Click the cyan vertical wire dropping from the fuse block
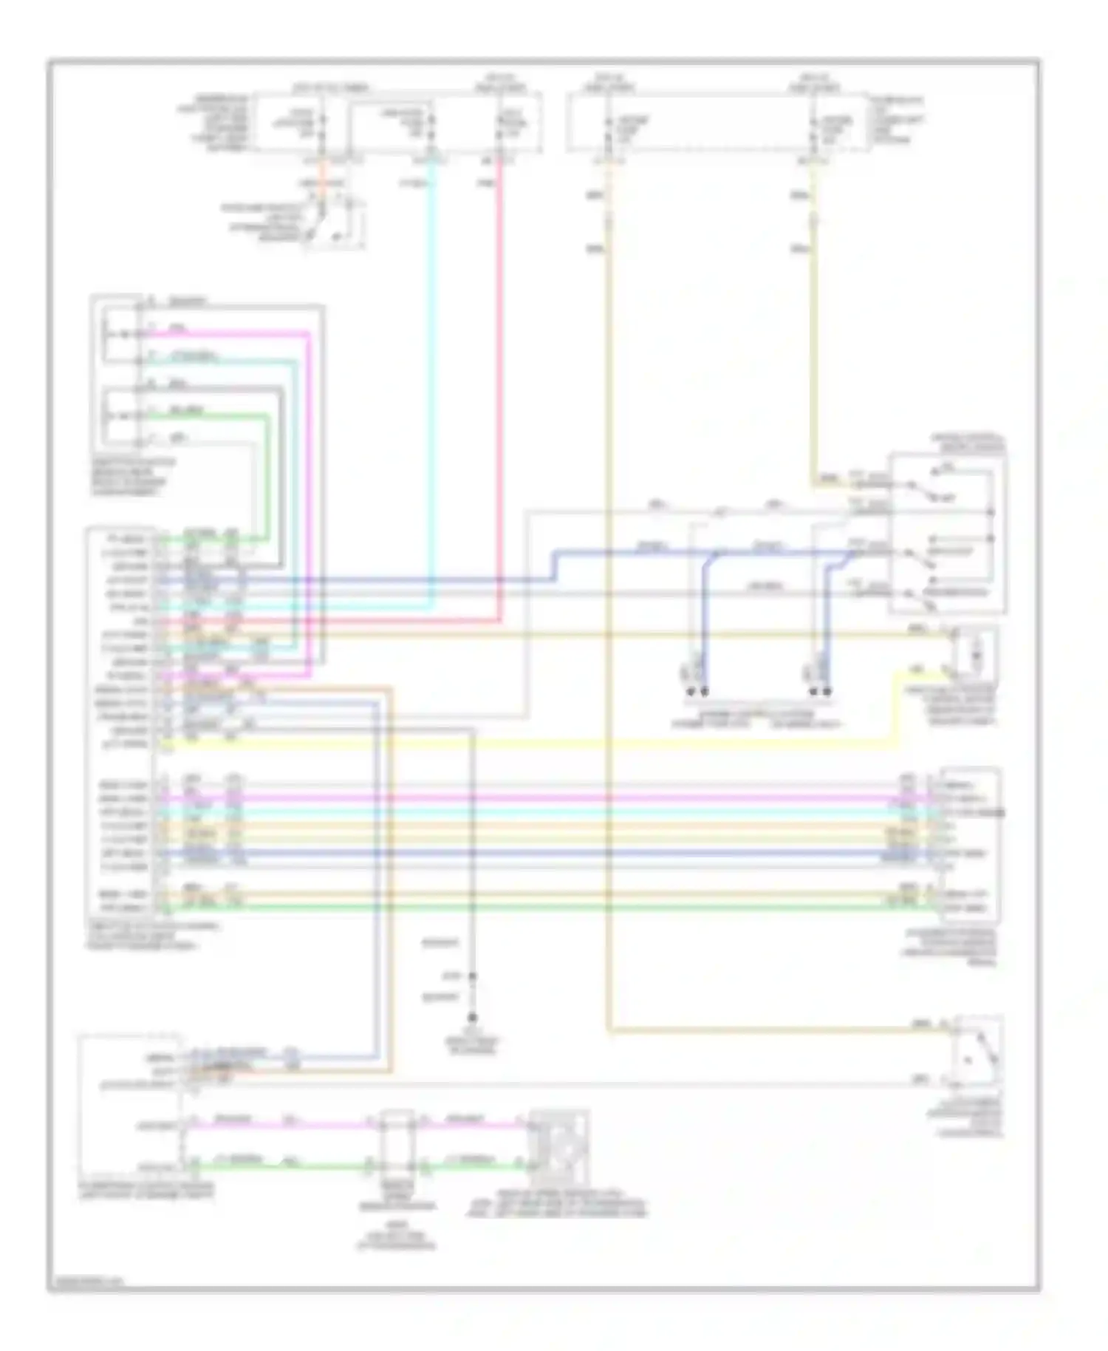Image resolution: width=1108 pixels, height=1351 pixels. (x=432, y=370)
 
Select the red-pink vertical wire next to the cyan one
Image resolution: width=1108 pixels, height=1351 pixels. (x=500, y=370)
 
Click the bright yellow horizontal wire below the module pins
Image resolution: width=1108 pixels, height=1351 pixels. (x=517, y=744)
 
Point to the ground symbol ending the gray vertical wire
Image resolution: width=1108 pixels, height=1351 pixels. (x=473, y=1018)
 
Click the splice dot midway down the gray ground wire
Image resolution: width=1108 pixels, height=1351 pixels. (x=473, y=976)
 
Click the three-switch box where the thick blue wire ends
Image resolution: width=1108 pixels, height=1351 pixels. (x=948, y=534)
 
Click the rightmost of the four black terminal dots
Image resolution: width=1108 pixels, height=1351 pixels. (x=827, y=692)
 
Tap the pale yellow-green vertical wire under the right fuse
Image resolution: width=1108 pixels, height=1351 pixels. (x=813, y=333)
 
